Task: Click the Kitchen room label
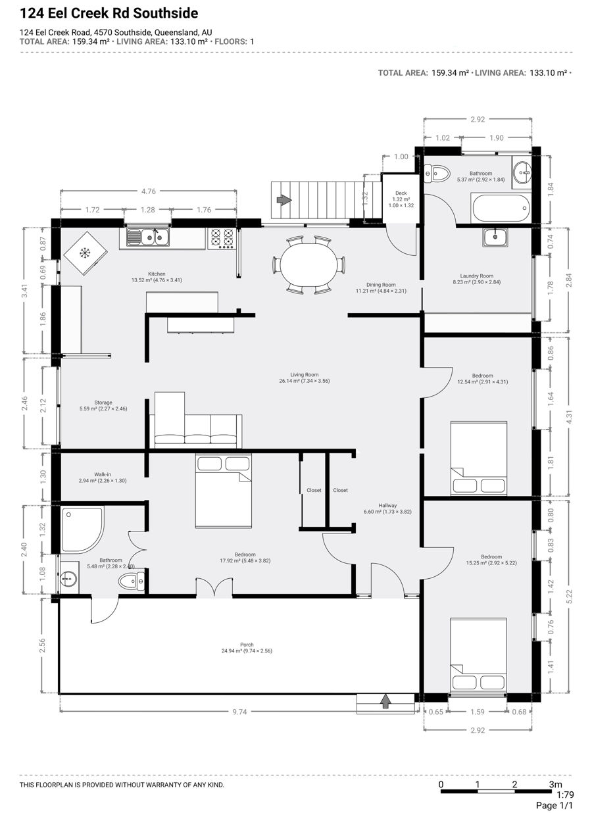tap(157, 274)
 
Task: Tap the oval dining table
tap(309, 265)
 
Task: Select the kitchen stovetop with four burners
tap(222, 239)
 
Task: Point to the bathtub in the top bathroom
tap(501, 209)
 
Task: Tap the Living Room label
tap(304, 374)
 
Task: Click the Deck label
tap(401, 193)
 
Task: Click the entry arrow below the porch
tap(385, 701)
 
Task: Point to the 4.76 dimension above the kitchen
tap(149, 191)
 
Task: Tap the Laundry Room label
tap(477, 276)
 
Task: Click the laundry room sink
tap(495, 237)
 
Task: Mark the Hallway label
tap(387, 505)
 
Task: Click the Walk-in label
tap(103, 474)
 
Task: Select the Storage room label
tap(103, 403)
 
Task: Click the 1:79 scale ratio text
tap(565, 794)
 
